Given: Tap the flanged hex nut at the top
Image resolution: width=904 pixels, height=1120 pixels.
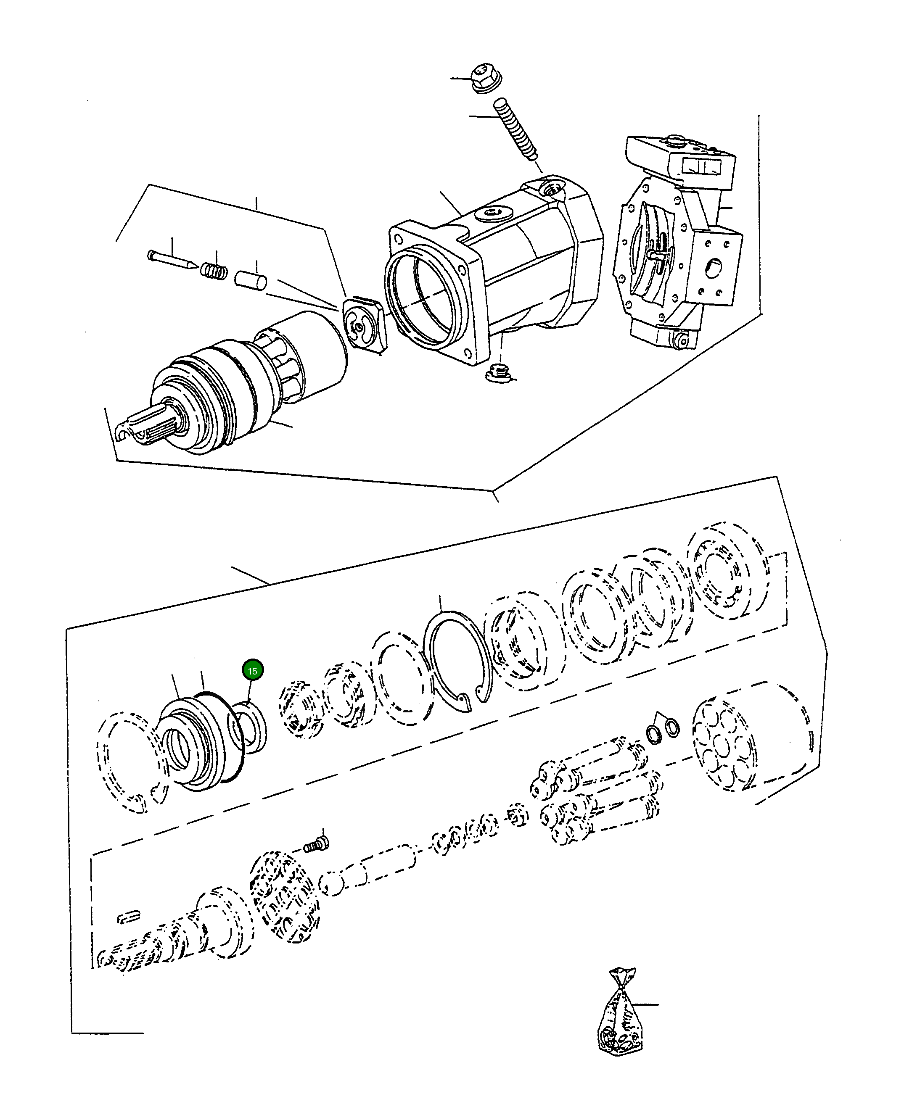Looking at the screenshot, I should tap(486, 78).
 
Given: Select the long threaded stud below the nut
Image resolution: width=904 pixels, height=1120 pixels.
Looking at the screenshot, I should tap(515, 128).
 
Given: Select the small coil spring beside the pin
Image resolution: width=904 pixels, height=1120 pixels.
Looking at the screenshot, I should tap(214, 270).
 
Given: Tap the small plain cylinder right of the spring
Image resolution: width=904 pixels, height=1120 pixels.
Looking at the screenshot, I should tap(251, 279).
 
